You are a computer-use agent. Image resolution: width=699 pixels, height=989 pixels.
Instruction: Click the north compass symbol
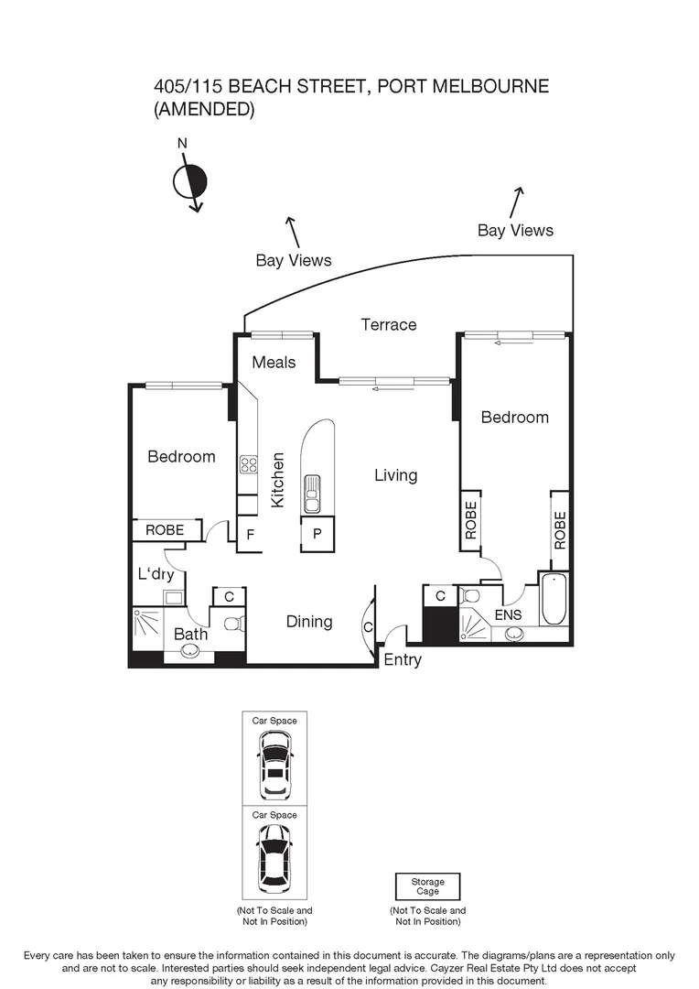coord(190,181)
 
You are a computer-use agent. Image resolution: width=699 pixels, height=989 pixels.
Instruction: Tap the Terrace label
coord(388,324)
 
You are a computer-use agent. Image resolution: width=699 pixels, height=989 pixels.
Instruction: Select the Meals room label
coord(274,362)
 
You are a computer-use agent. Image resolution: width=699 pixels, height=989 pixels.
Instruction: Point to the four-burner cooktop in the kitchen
coord(248,464)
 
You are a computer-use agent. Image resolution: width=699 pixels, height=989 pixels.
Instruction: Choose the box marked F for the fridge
coord(248,534)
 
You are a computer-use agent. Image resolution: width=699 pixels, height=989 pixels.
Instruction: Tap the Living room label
coord(395,475)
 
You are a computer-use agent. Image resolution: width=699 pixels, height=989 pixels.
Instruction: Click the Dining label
coord(309,622)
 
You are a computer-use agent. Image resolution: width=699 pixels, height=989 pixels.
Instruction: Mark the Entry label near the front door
coord(403,659)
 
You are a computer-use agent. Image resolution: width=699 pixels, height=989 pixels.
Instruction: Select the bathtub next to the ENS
coord(554,599)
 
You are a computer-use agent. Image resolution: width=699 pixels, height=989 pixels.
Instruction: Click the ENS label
coord(509,615)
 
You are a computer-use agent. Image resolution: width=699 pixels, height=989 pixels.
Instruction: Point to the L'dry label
coord(156,574)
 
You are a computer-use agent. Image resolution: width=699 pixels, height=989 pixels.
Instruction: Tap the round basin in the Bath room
coord(190,651)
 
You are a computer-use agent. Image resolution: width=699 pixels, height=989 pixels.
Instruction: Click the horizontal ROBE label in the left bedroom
coord(165,530)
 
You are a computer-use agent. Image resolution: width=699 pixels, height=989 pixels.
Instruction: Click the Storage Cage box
coord(427,886)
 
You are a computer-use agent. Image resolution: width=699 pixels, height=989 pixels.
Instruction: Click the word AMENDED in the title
coord(203,110)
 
